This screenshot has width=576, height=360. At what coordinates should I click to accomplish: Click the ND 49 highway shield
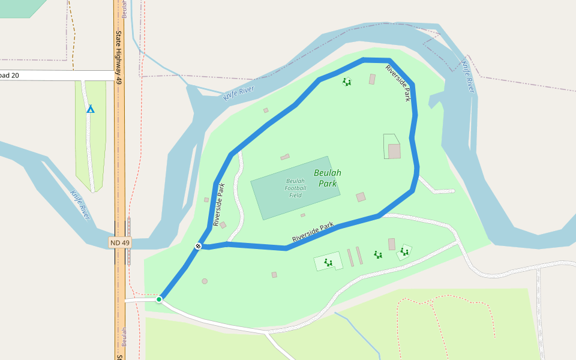(120, 242)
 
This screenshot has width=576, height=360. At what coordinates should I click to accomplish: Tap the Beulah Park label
(328, 178)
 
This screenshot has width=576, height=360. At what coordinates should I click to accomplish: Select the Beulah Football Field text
(295, 188)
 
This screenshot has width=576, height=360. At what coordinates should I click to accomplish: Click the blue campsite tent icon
(91, 109)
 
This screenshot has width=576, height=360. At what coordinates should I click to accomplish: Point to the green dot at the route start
(159, 299)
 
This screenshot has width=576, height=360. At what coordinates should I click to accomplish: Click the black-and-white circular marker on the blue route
(198, 246)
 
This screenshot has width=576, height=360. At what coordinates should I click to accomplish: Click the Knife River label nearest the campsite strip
(80, 204)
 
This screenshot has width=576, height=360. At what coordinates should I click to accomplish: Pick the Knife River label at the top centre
(239, 93)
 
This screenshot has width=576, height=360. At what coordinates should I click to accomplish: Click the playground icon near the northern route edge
(346, 82)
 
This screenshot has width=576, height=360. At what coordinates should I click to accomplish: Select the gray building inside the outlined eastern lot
(394, 151)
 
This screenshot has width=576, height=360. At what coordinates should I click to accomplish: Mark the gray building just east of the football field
(361, 197)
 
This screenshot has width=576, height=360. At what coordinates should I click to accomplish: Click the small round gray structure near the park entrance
(205, 281)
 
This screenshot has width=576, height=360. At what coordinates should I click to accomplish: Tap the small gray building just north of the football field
(285, 157)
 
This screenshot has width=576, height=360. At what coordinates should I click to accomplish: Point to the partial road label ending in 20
(10, 75)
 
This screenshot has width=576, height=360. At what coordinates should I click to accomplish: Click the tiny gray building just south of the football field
(303, 215)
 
